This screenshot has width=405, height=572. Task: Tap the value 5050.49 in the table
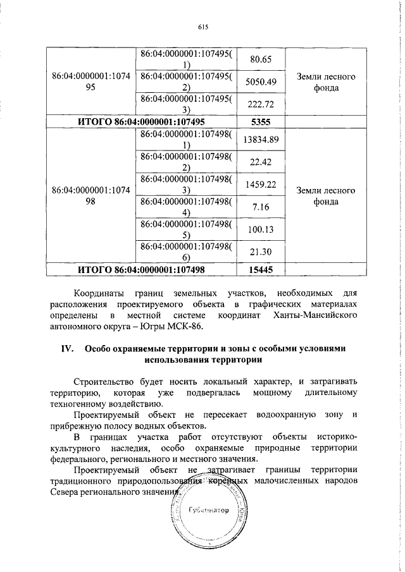pos(261,82)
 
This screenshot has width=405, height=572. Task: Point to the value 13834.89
pos(261,140)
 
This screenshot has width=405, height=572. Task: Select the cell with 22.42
pos(261,162)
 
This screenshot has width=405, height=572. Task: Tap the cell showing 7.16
pos(261,207)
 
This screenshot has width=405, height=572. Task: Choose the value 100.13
pos(261,229)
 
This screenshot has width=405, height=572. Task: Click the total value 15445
pos(261,269)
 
